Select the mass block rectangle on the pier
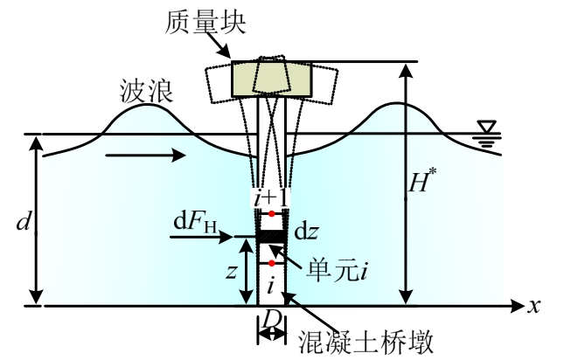click(271, 80)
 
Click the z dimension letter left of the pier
click(229, 271)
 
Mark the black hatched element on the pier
click(271, 235)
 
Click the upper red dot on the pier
click(272, 213)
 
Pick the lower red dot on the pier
click(272, 262)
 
